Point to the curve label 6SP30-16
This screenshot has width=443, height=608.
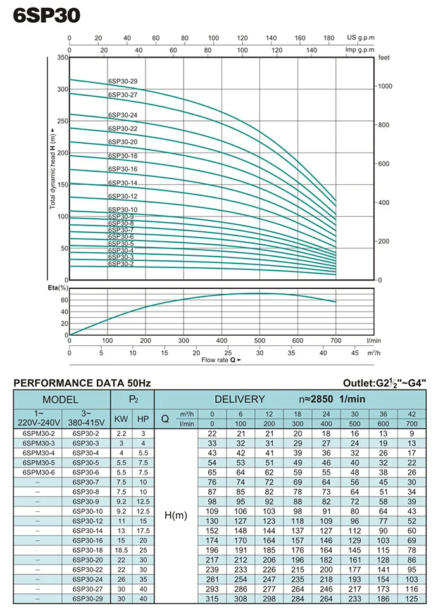[x=123, y=169]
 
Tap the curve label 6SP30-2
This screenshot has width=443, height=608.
[x=121, y=263]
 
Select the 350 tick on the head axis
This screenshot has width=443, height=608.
[x=62, y=58]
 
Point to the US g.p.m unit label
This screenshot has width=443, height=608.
[x=360, y=37]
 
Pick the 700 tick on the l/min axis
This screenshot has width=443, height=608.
[x=335, y=341]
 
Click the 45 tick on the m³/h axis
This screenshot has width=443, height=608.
[x=355, y=353]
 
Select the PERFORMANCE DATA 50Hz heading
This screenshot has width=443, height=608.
[x=82, y=383]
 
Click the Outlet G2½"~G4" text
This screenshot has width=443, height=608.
[x=385, y=383]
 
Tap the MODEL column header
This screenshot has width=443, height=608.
[x=61, y=400]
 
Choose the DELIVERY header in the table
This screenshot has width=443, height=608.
[x=239, y=400]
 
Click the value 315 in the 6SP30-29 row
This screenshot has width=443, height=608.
[x=213, y=598]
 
